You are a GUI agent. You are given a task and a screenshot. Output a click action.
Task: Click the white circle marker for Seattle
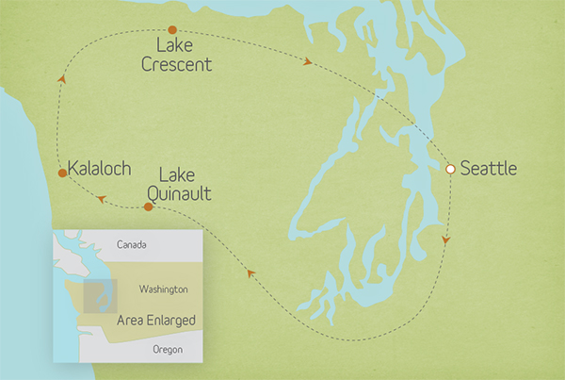tap(450, 169)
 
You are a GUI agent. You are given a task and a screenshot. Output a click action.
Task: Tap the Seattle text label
tap(489, 170)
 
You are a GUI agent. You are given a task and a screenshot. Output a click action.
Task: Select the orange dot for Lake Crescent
tap(170, 31)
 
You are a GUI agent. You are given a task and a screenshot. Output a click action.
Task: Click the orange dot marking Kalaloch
tap(62, 173)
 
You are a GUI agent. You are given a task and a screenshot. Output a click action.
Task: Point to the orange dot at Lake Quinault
tap(147, 207)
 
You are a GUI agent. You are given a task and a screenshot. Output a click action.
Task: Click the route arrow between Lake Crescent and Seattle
tap(309, 63)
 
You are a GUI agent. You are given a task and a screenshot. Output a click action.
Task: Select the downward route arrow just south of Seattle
tap(445, 241)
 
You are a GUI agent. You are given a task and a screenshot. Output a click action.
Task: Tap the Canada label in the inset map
tap(132, 245)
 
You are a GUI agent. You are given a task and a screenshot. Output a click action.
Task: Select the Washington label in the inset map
tap(163, 289)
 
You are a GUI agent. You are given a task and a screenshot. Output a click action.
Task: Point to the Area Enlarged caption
tap(155, 321)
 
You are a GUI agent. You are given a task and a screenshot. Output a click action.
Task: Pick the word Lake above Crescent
tap(170, 47)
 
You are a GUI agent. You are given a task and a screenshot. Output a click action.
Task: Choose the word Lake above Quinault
tap(179, 174)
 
